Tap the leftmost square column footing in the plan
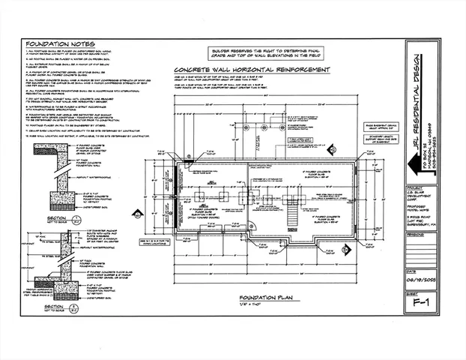(201, 196)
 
